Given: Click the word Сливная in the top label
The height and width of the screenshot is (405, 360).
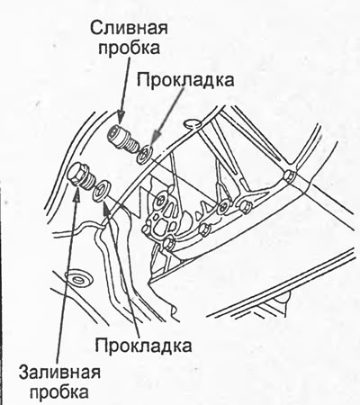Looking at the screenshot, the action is (x=129, y=28).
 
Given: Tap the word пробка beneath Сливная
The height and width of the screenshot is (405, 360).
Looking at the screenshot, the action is (x=129, y=48).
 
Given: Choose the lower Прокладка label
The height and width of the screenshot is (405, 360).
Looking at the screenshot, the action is (x=143, y=345).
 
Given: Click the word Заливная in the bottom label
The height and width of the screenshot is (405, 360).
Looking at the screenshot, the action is (x=59, y=373).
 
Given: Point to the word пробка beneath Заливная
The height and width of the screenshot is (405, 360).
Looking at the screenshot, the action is (x=59, y=391).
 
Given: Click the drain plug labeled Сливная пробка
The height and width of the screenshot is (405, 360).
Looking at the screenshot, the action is (x=123, y=139).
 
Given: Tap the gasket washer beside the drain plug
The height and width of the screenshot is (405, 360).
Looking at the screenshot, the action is (x=145, y=154).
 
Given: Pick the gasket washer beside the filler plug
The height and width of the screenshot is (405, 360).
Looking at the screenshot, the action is (x=102, y=190).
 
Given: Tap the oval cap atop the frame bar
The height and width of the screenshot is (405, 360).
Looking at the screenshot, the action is (x=192, y=123).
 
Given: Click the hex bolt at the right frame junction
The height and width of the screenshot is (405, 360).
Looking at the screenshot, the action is (x=290, y=176).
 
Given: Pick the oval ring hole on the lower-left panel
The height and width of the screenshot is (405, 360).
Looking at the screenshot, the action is (x=78, y=280).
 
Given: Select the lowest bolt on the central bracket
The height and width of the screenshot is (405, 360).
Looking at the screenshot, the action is (x=168, y=244).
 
